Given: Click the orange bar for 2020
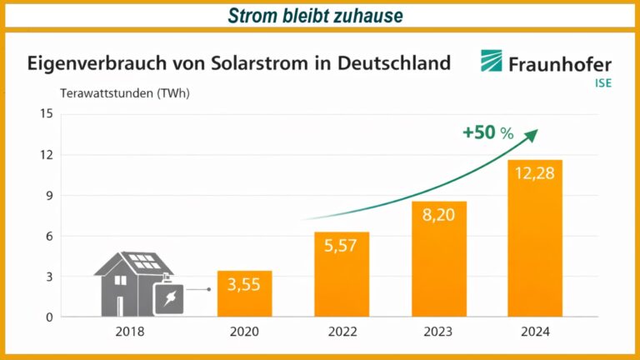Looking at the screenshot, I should coord(244,294).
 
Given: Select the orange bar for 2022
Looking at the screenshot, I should coord(341,275).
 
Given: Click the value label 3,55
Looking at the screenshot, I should coord(244,283).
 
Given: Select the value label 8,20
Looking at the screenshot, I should coord(438,214).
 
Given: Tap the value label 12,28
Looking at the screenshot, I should coord(535,172).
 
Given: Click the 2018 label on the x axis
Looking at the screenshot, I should coord(131,332).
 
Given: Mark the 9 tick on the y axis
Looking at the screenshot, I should coord(49,195).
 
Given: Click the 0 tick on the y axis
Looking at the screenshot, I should coord(49,317).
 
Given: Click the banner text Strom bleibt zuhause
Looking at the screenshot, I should coord(319,15).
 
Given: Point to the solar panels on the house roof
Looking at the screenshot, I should coord(143,261).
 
